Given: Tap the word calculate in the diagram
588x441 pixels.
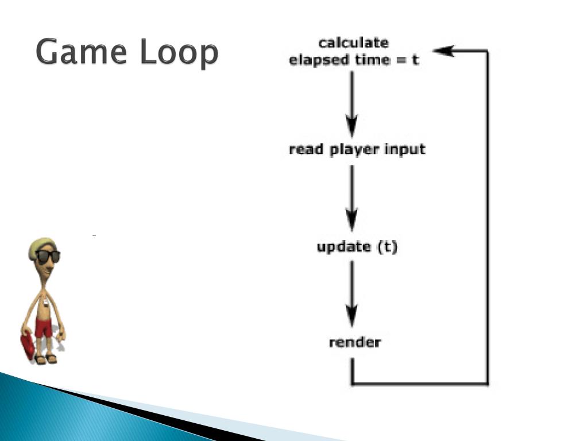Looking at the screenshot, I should pyautogui.click(x=353, y=42).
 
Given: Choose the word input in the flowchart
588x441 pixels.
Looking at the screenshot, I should pyautogui.click(x=405, y=149).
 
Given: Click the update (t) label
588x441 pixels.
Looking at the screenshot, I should pyautogui.click(x=357, y=247).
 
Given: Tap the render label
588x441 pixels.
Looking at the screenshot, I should pyautogui.click(x=354, y=343).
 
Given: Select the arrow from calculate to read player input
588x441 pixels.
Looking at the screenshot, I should pyautogui.click(x=352, y=103).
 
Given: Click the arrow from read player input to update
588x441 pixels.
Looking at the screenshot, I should pyautogui.click(x=352, y=198).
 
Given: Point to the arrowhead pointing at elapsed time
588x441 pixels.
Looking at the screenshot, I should pyautogui.click(x=443, y=51).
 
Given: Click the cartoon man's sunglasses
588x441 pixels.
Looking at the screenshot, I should pyautogui.click(x=48, y=256).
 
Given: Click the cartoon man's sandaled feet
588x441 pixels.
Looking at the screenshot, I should pyautogui.click(x=46, y=359).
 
